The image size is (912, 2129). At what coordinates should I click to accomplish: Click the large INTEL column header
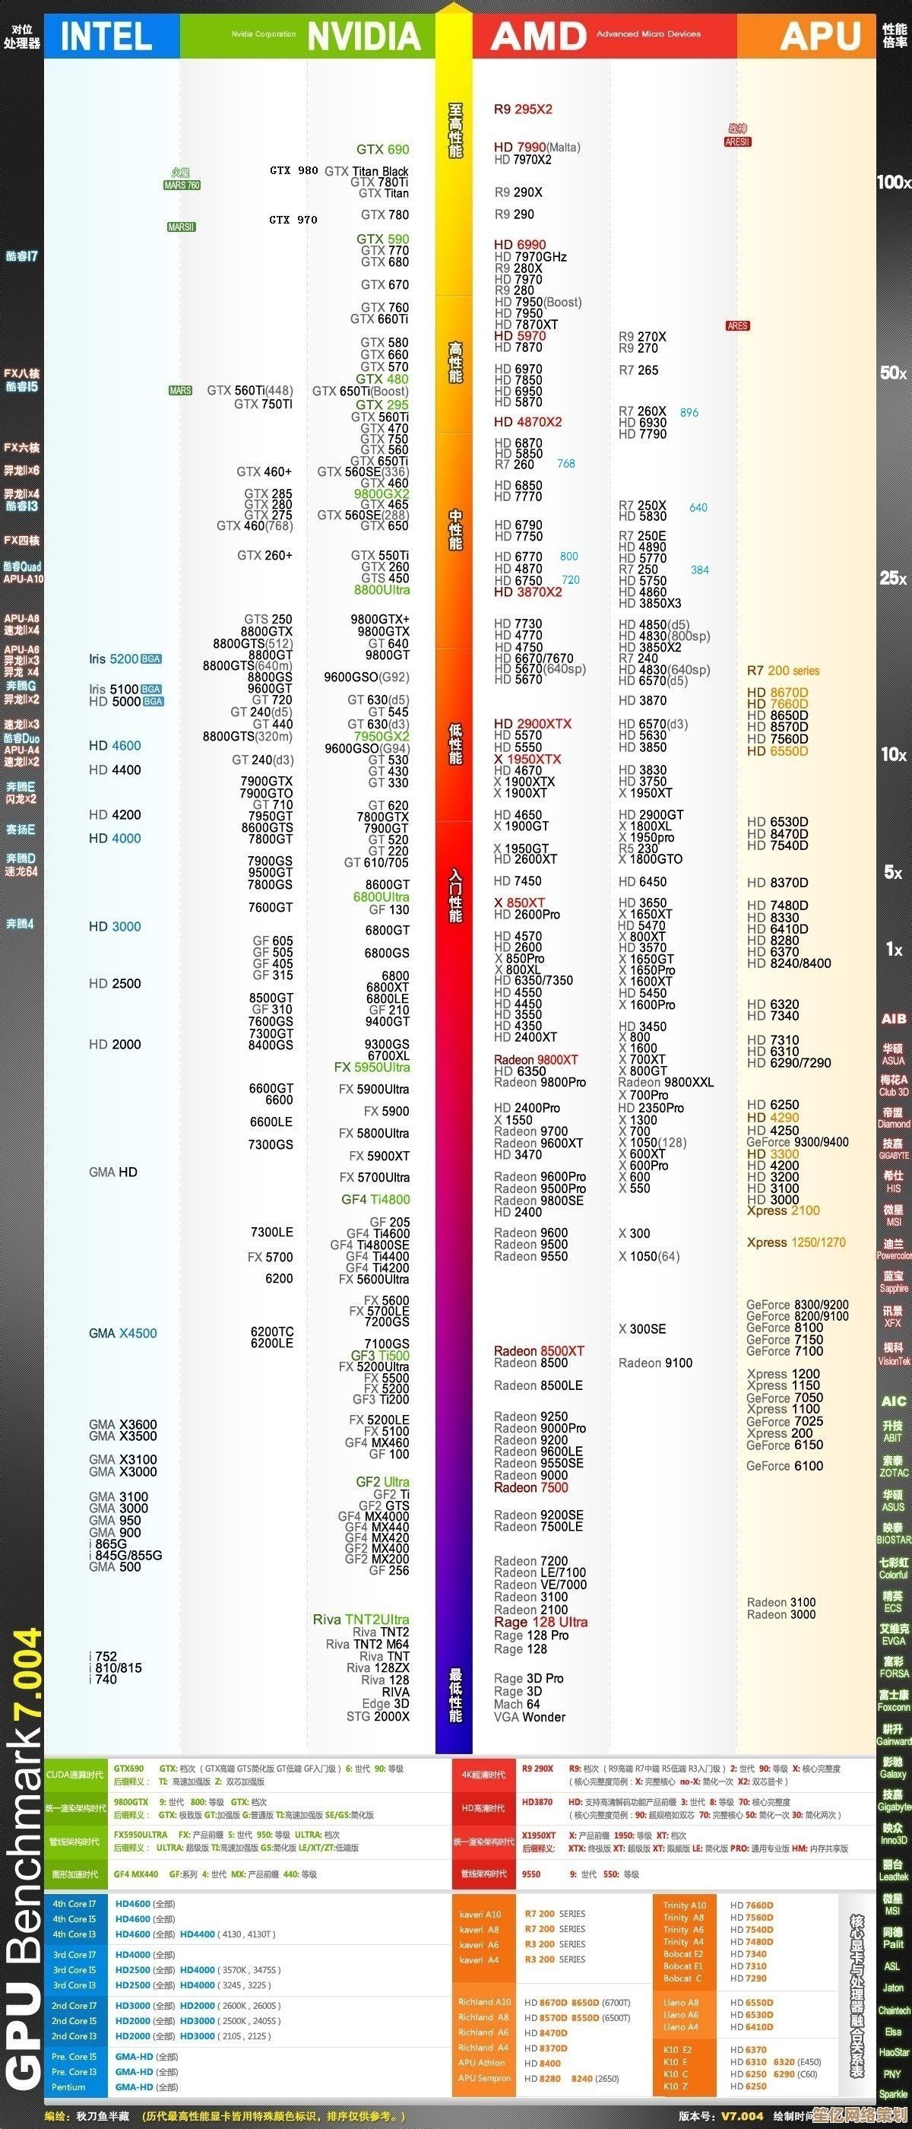tap(106, 36)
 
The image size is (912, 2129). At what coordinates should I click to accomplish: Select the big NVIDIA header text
tap(364, 36)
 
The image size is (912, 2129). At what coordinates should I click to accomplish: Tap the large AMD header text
tap(539, 36)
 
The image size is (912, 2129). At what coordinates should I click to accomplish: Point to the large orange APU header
tap(820, 36)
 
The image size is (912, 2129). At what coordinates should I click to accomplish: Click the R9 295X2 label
tap(523, 109)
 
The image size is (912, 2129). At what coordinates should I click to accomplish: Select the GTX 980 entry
tap(293, 170)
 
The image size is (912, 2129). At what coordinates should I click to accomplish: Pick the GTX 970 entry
tap(293, 219)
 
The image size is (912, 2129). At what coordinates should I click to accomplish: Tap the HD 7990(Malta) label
tap(537, 147)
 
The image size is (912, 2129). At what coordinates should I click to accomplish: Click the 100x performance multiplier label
tap(892, 182)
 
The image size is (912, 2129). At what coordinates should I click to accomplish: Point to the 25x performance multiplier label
tap(892, 578)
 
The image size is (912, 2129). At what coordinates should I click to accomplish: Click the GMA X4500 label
tap(122, 1333)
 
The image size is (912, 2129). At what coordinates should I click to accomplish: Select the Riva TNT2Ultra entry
tap(360, 1619)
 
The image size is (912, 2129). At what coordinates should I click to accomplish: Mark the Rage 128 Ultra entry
tap(540, 1622)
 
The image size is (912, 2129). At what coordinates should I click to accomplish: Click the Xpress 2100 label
tap(783, 1210)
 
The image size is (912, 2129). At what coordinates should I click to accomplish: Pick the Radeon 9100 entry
tap(655, 1363)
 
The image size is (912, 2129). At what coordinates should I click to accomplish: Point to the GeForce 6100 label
tap(784, 1465)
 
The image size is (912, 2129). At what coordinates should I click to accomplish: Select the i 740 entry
tap(103, 1679)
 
